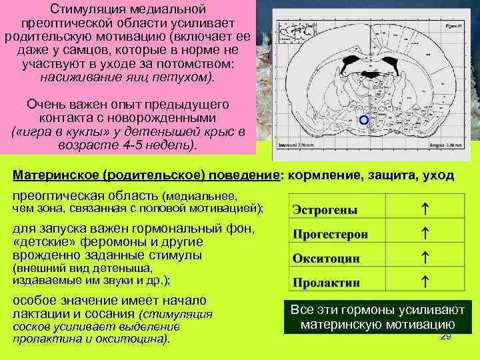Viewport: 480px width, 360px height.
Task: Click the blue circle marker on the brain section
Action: [x=363, y=121]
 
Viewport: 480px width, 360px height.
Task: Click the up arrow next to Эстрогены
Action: [x=425, y=209]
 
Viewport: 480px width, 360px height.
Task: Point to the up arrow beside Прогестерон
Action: [x=425, y=233]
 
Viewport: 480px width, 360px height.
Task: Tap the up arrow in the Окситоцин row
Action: [x=425, y=257]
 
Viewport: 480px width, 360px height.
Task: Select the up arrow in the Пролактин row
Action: [x=425, y=281]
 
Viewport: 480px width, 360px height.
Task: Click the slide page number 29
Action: [x=446, y=337]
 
